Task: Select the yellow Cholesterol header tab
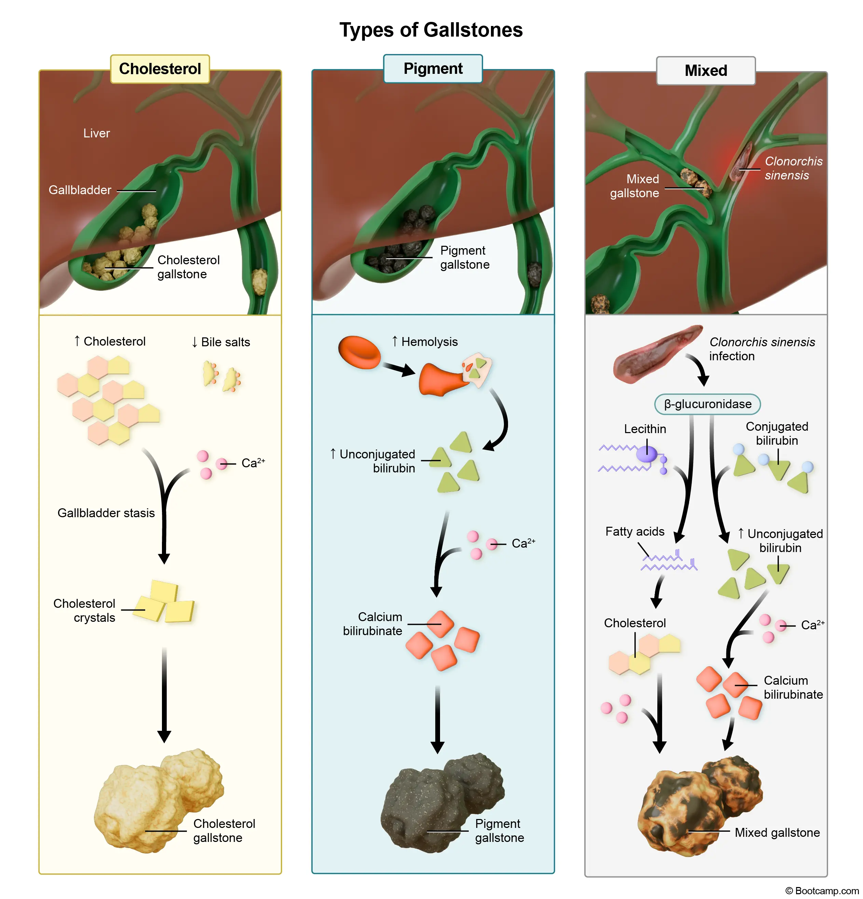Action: pyautogui.click(x=160, y=69)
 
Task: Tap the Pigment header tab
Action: pyautogui.click(x=433, y=68)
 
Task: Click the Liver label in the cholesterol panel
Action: pyautogui.click(x=96, y=133)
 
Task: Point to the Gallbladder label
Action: pyautogui.click(x=80, y=190)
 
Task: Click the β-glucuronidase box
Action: pyautogui.click(x=707, y=404)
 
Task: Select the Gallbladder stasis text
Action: pyautogui.click(x=106, y=513)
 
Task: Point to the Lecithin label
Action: pyautogui.click(x=645, y=429)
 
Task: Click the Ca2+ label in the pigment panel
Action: pyautogui.click(x=523, y=544)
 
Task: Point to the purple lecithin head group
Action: pyautogui.click(x=646, y=454)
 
